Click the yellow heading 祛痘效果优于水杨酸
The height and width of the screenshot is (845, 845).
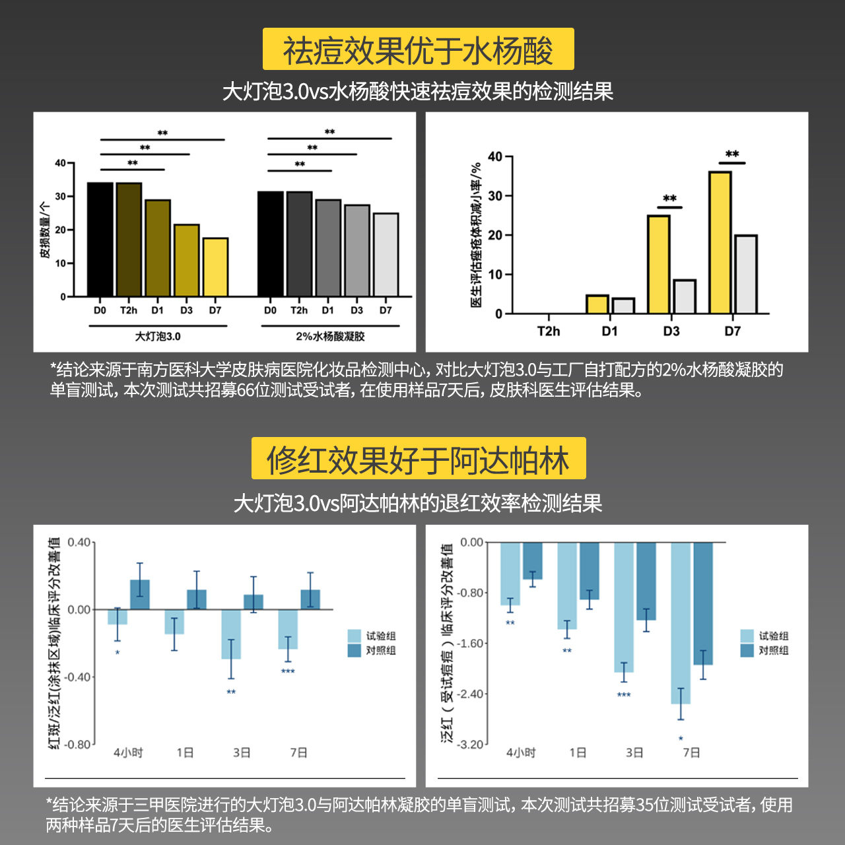coord(418,50)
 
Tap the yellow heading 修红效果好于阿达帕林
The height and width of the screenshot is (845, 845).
coord(418,459)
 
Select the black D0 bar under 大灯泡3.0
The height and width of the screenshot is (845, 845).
coord(100,240)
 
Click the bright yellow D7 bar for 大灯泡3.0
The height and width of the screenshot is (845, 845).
coord(215,267)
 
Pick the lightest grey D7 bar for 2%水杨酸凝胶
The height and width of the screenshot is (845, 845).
coord(386,255)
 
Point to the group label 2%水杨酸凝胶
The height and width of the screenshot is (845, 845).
coord(330,337)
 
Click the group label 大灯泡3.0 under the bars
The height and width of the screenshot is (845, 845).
coord(158,337)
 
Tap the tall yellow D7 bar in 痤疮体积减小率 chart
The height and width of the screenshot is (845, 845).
coord(720,242)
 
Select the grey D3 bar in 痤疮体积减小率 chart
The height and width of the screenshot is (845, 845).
coord(684,296)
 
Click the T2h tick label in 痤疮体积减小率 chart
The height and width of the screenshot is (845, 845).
coord(548,331)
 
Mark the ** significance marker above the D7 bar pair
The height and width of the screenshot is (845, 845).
coord(732,154)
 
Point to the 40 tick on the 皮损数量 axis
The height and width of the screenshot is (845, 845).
coord(61,163)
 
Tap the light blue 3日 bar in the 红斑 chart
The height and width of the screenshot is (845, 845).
coord(231,634)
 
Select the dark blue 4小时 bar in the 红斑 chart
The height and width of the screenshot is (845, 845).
coord(140,594)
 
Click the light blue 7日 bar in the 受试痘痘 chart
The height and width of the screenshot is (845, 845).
coord(681,623)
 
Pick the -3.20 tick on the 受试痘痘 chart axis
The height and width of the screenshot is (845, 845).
coord(471,744)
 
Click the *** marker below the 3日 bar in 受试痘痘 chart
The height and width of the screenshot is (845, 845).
coord(624,694)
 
